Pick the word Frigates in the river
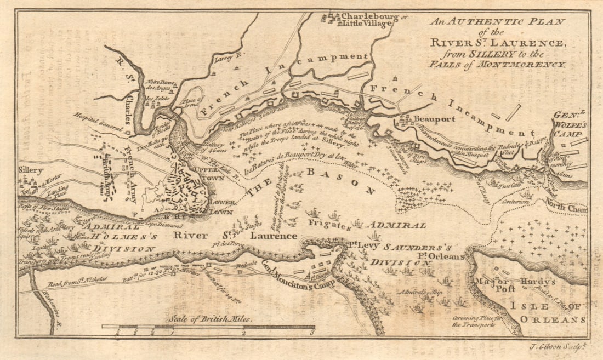[x=327, y=223]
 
